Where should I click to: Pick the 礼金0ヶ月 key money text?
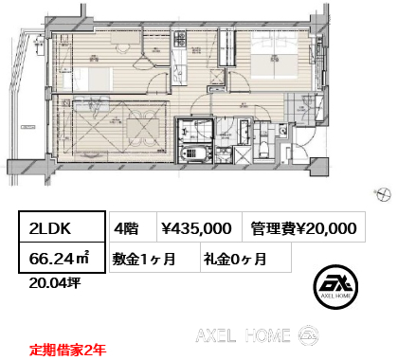232,259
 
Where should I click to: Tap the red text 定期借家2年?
66,349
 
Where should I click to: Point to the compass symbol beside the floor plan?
383,194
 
